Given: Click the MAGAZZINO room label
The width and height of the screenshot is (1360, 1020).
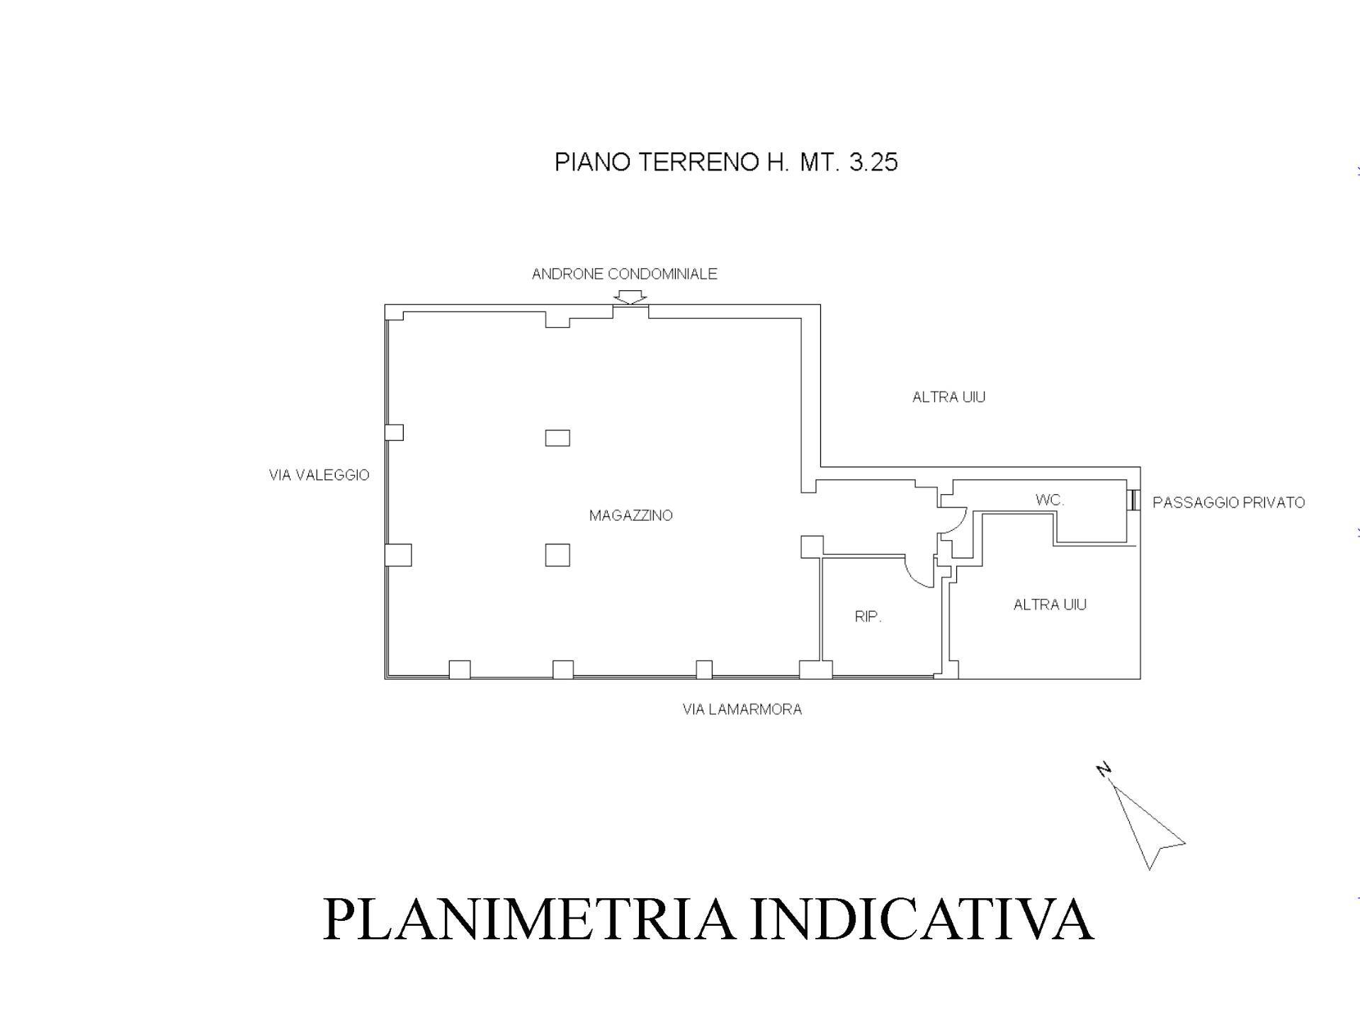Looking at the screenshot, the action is point(630,515).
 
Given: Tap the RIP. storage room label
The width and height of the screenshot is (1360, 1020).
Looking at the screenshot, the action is point(868,617).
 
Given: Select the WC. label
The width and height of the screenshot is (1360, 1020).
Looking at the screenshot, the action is point(1050,500).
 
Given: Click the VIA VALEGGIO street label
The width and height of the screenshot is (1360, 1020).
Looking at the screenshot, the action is point(319,475).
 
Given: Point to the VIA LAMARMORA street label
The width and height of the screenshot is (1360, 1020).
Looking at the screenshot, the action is point(742,709).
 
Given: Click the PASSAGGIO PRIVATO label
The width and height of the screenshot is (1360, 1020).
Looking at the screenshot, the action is point(1228,503).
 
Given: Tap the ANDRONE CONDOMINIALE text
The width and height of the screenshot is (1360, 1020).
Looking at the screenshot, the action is point(625,274).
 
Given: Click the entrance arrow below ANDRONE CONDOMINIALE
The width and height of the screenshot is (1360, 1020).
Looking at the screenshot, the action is point(630,297).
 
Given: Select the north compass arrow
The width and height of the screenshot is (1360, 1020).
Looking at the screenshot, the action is point(1147,827).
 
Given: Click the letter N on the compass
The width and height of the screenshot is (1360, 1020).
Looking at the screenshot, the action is point(1104,770).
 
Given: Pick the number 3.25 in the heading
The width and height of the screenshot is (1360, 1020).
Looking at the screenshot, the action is point(873,163).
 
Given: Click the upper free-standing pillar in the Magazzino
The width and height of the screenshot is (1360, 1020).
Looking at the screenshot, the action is point(557,438).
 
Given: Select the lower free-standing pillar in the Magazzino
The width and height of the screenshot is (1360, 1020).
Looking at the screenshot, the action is point(557,555).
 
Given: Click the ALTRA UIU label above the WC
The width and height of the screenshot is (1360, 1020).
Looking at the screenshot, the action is point(949,397).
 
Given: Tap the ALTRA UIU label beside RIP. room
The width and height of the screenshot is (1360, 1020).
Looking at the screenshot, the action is point(1050,604).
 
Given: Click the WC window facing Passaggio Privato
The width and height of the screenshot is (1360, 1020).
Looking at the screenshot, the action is point(1134,500).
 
